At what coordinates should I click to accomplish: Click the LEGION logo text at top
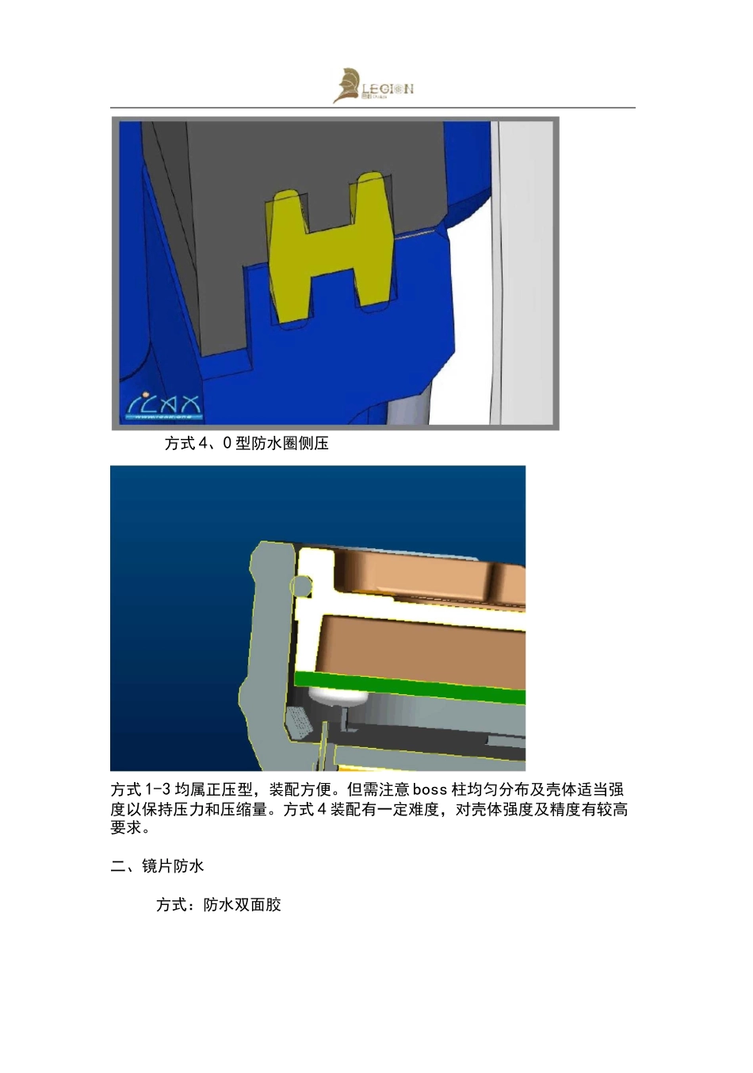(388, 89)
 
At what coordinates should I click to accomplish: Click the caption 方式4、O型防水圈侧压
(247, 444)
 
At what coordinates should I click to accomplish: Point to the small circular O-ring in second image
(301, 586)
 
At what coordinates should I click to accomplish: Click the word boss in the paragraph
(430, 790)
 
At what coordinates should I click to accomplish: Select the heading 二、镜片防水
(157, 866)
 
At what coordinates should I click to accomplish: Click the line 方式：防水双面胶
(219, 905)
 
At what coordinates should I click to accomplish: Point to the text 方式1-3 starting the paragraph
(140, 790)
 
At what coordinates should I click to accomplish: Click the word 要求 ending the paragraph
(126, 828)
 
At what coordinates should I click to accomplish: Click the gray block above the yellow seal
(317, 151)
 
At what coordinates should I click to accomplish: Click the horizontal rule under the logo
(373, 108)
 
